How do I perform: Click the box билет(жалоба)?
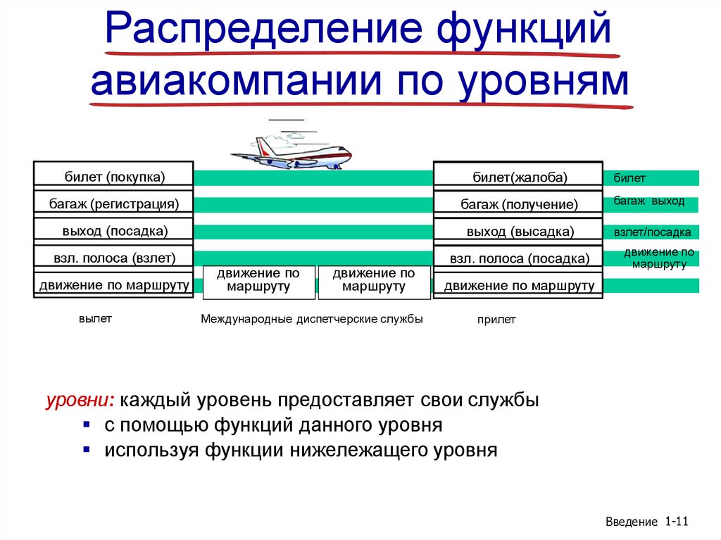tap(519, 177)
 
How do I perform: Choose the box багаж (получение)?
tap(519, 205)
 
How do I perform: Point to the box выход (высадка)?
tap(519, 232)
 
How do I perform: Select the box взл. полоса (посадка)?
tap(519, 259)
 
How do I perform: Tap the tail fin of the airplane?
tap(262, 144)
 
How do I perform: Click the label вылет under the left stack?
tap(95, 318)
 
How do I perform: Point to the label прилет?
tap(496, 320)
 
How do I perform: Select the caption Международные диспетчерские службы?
tap(311, 319)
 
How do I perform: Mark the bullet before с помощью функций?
tap(86, 425)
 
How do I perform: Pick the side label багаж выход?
tap(648, 201)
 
